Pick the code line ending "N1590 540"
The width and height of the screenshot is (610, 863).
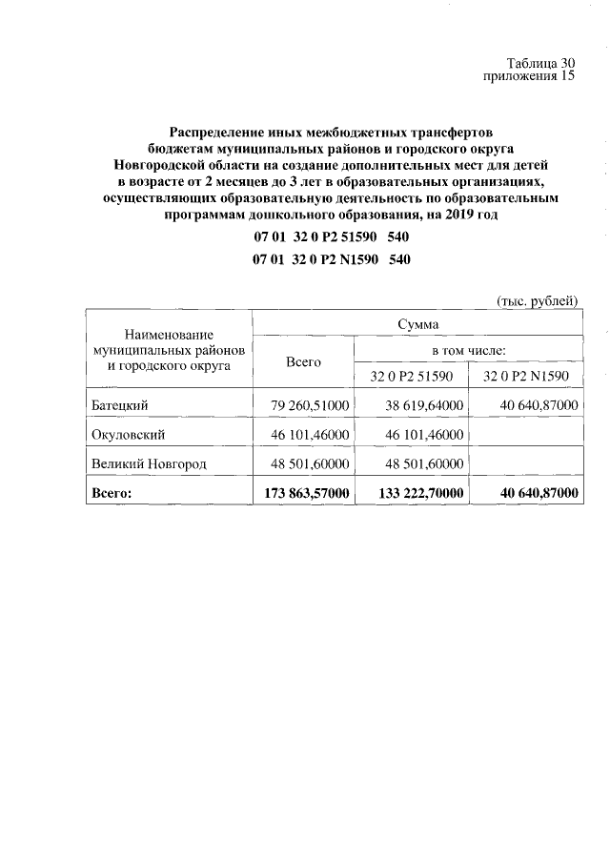[x=332, y=259]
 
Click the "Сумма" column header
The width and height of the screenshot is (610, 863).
[x=417, y=325]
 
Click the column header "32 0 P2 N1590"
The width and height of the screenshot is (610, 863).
[x=525, y=376]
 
